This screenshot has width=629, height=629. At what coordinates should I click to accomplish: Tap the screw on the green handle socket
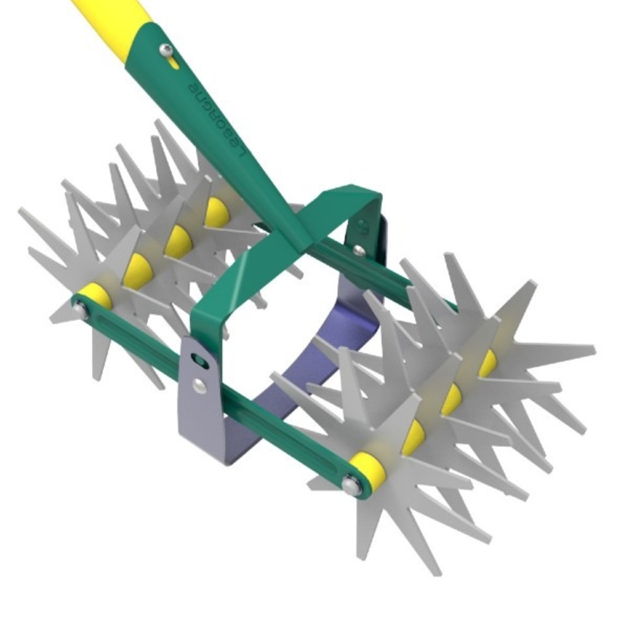[x=166, y=50]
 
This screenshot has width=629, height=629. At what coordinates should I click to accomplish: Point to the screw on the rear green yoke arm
[x=359, y=250]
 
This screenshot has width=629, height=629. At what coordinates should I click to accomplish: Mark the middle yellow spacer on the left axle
[x=178, y=241]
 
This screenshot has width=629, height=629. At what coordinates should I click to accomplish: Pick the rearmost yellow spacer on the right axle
[x=487, y=363]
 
